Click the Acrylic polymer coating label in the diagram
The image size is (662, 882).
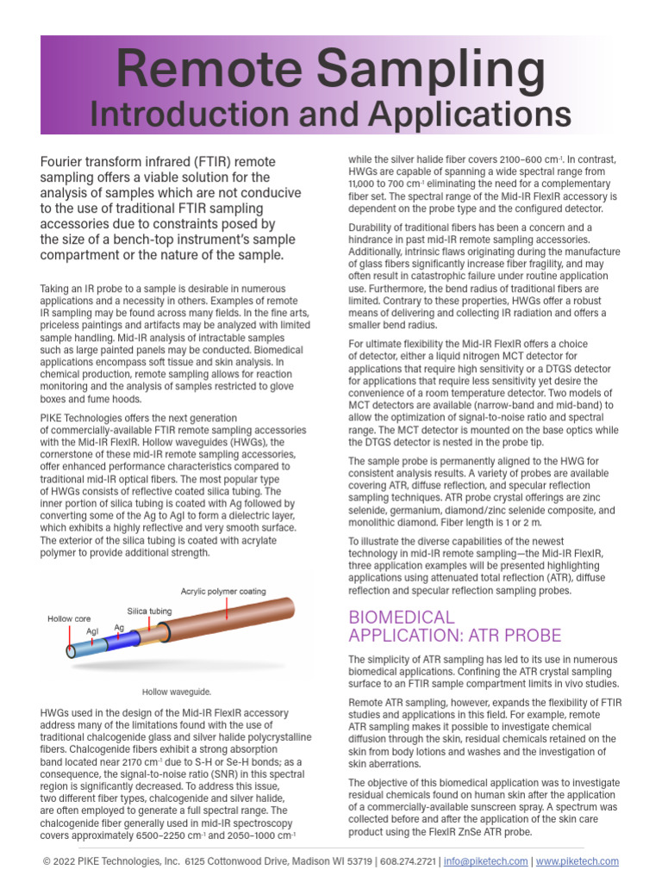[x=223, y=592]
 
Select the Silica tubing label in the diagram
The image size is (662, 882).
[x=149, y=611]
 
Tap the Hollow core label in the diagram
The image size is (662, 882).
[x=69, y=618]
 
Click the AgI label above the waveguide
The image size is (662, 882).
[x=92, y=630]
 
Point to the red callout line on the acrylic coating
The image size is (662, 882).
[x=227, y=608]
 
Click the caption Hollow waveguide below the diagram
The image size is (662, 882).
[x=177, y=691]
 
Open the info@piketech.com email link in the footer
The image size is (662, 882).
[x=485, y=861]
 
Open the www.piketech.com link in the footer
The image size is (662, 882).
[x=578, y=861]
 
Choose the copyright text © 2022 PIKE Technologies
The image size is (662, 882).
[x=111, y=861]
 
